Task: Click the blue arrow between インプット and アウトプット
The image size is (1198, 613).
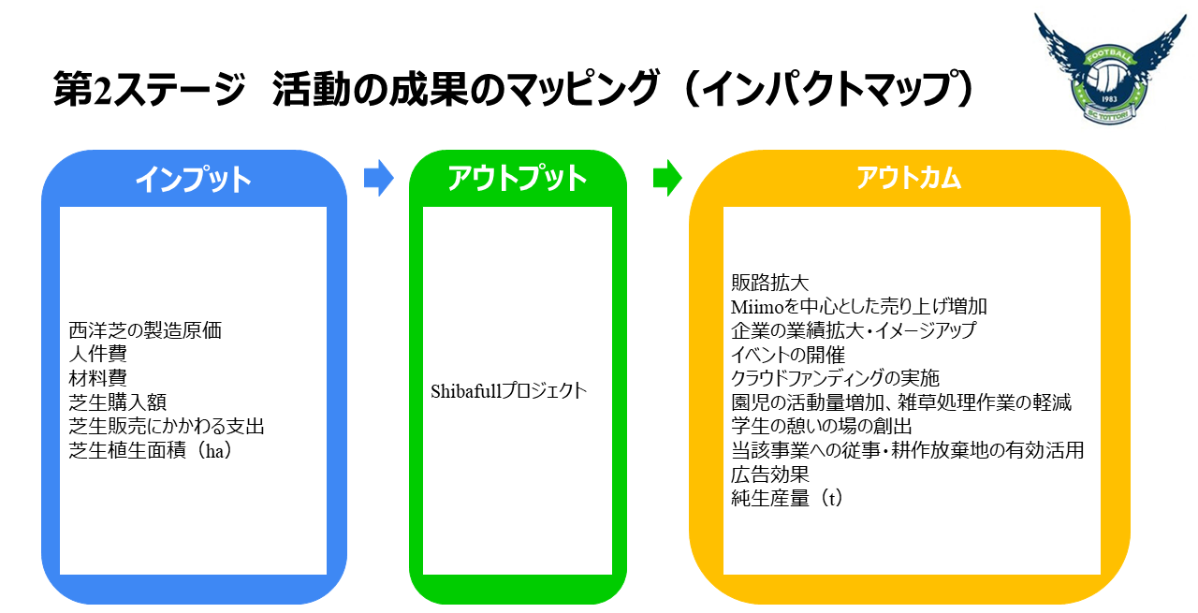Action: (x=378, y=178)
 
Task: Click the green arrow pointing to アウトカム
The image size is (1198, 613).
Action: (x=667, y=178)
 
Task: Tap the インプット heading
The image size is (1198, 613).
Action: (x=194, y=179)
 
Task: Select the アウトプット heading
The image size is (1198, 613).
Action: (x=518, y=178)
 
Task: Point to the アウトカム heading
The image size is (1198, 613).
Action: (x=909, y=178)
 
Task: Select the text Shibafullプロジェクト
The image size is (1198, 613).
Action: (x=509, y=390)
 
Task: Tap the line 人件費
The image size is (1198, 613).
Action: (x=97, y=354)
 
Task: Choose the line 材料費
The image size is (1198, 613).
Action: (x=97, y=378)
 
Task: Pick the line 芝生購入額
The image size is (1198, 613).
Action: (x=117, y=402)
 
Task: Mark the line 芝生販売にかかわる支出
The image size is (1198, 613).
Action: (x=167, y=427)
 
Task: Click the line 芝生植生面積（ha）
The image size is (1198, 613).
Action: (x=150, y=451)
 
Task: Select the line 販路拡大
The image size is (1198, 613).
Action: (x=769, y=282)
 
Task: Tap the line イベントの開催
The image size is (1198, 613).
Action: (x=788, y=355)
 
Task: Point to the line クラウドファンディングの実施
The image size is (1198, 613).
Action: (x=835, y=378)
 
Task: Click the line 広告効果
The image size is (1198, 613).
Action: (x=769, y=474)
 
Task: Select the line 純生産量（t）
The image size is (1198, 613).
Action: (x=787, y=499)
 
